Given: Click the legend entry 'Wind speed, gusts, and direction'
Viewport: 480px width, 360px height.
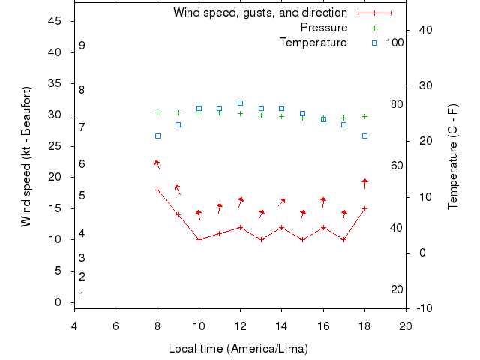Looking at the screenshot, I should (259, 13).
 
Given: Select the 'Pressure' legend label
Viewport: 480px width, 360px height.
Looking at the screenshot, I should (323, 28).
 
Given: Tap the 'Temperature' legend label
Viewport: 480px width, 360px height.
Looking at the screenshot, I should (313, 43).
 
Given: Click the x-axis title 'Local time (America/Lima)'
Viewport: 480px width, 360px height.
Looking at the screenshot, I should (238, 349).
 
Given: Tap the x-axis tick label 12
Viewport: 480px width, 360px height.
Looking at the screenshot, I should (240, 325).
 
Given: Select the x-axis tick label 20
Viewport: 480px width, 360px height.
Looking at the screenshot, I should (406, 325).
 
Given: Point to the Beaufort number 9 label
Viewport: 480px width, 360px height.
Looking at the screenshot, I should (82, 46).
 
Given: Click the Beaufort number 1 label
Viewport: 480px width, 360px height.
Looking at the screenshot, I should (82, 295).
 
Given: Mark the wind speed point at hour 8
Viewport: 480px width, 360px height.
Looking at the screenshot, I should (157, 190).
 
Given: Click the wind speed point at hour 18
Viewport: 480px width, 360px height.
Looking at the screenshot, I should (364, 208).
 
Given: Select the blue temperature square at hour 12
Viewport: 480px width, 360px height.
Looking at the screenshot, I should (240, 103).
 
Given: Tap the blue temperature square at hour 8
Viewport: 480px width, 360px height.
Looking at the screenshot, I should (157, 136).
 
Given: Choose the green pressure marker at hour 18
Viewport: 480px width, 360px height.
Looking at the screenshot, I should (364, 116).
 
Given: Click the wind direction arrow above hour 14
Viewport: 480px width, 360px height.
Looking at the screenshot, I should (281, 202).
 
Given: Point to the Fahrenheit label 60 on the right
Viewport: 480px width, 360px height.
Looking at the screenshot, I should (397, 166).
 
